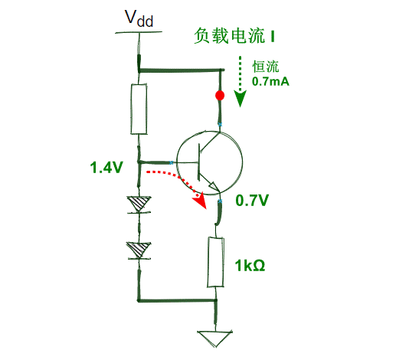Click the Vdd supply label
[x=139, y=18]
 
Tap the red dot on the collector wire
[x=220, y=96]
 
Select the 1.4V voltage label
[x=106, y=166]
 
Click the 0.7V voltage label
[x=251, y=201]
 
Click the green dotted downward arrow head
[x=241, y=100]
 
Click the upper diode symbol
[x=139, y=204]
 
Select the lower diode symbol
[x=139, y=249]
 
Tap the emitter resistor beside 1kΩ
[x=217, y=262]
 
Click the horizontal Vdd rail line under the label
[x=139, y=32]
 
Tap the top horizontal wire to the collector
[x=180, y=70]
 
